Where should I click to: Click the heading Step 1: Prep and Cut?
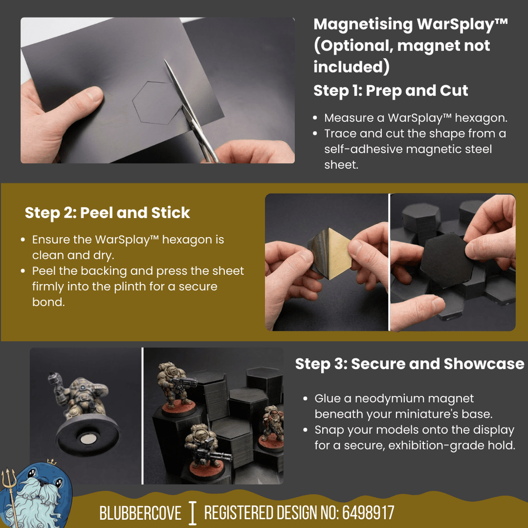(390, 91)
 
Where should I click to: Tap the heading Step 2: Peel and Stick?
(107, 213)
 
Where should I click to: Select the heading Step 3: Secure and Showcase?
(409, 364)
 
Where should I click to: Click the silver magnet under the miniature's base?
(88, 439)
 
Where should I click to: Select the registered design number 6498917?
(368, 513)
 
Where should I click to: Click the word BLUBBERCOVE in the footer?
(140, 513)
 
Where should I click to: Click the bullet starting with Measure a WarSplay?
(416, 118)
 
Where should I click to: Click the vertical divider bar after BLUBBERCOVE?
(193, 513)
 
